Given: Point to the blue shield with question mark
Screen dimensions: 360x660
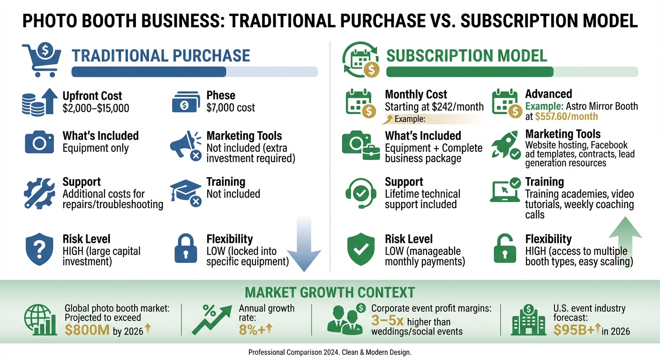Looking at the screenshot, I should pyautogui.click(x=39, y=249).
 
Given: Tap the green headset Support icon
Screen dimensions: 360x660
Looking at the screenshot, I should pyautogui.click(x=360, y=193).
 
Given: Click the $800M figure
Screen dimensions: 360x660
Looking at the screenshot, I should pyautogui.click(x=86, y=330).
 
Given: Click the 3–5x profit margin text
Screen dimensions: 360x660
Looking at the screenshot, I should pyautogui.click(x=387, y=321).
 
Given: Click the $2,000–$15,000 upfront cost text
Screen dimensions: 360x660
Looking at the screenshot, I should pyautogui.click(x=96, y=108).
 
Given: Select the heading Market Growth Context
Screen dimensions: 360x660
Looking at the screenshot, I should pyautogui.click(x=330, y=292).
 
